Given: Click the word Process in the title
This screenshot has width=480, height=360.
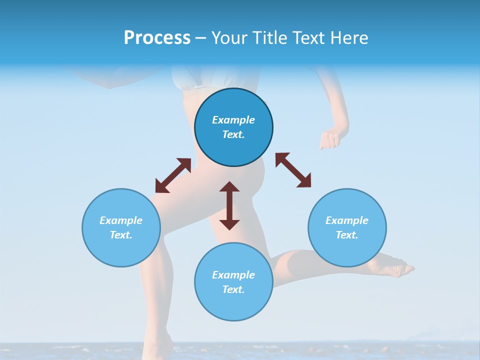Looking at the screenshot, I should [157, 38].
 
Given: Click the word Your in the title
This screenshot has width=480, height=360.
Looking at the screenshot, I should [228, 38].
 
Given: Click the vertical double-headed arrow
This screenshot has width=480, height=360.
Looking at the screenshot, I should [229, 205].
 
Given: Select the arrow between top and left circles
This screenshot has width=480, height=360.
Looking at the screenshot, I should [173, 175].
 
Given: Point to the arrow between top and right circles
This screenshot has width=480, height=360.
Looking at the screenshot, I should [293, 170].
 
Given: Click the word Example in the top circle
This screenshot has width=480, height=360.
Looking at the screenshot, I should [233, 120].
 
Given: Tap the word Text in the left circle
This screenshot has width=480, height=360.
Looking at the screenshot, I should [121, 235].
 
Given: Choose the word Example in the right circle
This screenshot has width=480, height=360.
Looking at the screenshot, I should [347, 220].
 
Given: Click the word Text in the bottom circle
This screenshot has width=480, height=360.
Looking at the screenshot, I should [233, 289].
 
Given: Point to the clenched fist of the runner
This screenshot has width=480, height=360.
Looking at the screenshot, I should [329, 139].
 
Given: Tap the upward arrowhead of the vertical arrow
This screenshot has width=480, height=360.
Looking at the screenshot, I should [229, 188].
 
